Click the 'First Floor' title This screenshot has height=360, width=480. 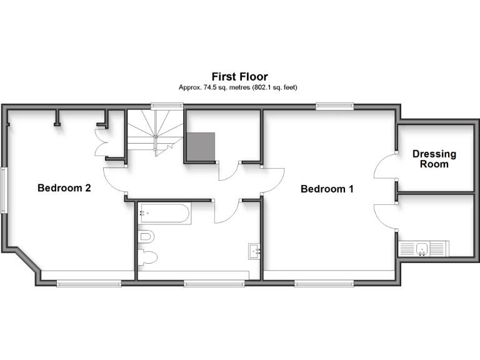point(239,77)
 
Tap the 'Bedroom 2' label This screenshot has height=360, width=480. point(64,187)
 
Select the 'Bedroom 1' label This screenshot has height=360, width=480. point(327,189)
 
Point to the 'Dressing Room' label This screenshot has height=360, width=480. point(434,159)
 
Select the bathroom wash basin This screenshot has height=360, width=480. point(254,250)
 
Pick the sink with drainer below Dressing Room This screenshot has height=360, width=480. point(422,249)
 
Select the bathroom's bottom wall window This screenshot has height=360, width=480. point(214,283)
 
